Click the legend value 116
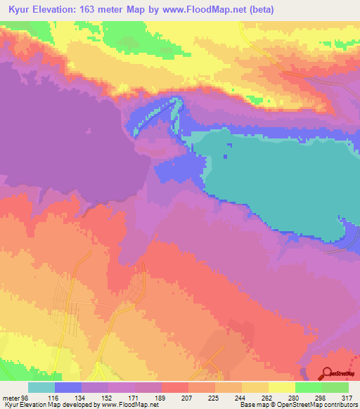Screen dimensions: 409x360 coord(54,398)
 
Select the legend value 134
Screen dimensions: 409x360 coord(81,398)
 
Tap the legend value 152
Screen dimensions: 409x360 coord(108,398)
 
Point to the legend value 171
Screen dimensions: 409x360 coord(134,398)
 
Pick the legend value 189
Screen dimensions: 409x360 coord(161,398)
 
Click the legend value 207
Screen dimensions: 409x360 coord(188,398)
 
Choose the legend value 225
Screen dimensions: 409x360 coord(214,398)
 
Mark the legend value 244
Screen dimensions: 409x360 coord(241,398)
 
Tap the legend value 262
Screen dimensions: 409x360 coord(268,398)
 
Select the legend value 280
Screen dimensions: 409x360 coord(295,398)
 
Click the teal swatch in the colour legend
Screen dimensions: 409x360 coord(41,387)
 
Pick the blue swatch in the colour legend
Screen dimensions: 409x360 coord(67,387)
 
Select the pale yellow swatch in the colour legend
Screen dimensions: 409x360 coord(281,387)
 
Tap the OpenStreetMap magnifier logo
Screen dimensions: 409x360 coord(327,374)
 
